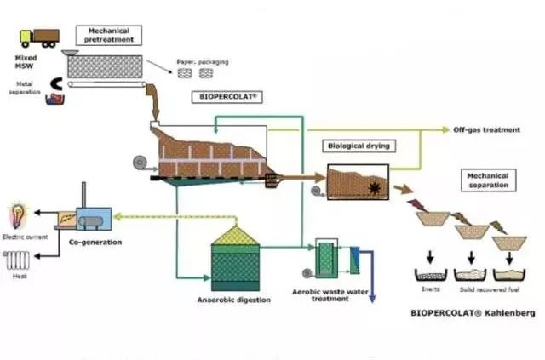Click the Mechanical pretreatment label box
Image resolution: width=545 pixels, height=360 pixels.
(x=108, y=35)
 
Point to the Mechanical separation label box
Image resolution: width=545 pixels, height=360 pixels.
(x=488, y=180)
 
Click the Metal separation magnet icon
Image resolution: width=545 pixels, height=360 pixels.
(x=33, y=83)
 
